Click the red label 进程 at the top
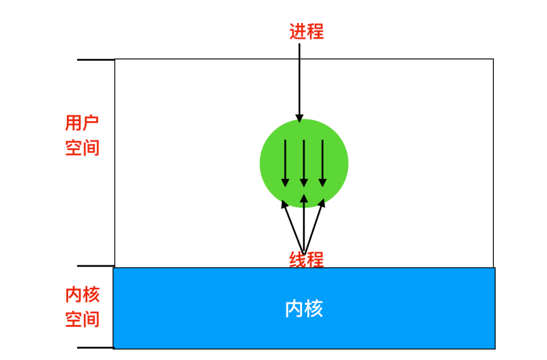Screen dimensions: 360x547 pos(306,31)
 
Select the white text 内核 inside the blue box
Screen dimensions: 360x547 pos(304,309)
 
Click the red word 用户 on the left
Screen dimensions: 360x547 pos(82,124)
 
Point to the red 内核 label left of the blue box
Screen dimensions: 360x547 pos(82,295)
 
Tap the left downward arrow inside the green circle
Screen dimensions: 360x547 pos(285,163)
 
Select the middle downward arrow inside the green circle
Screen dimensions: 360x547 pos(304,163)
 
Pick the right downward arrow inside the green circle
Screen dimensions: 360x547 pos(323,163)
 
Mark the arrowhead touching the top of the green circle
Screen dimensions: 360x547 pos(299,118)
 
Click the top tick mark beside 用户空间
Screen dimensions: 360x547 pos(95,60)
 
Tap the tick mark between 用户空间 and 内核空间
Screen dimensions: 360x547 pos(95,266)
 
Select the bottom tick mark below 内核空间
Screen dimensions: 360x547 pos(95,348)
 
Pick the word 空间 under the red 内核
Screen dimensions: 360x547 pos(82,319)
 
